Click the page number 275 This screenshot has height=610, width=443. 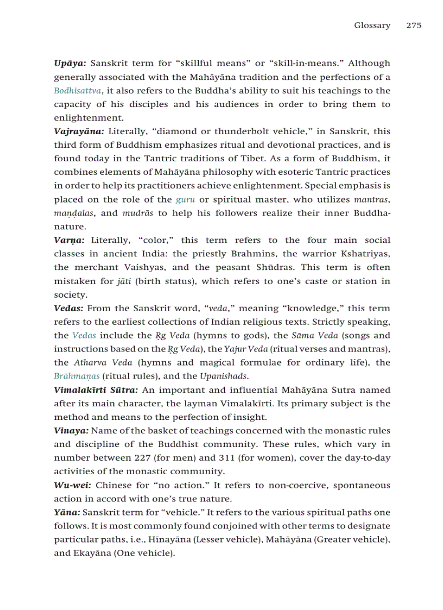click(x=414, y=26)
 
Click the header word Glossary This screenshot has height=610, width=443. click(x=372, y=26)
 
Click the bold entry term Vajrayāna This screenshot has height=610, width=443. click(x=79, y=131)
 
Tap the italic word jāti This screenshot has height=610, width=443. click(x=123, y=281)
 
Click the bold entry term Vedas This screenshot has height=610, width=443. click(x=68, y=309)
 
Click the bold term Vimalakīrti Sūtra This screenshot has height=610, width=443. click(x=96, y=390)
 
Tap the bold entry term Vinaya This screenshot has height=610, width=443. click(x=71, y=431)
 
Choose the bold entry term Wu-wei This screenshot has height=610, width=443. click(x=72, y=485)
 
